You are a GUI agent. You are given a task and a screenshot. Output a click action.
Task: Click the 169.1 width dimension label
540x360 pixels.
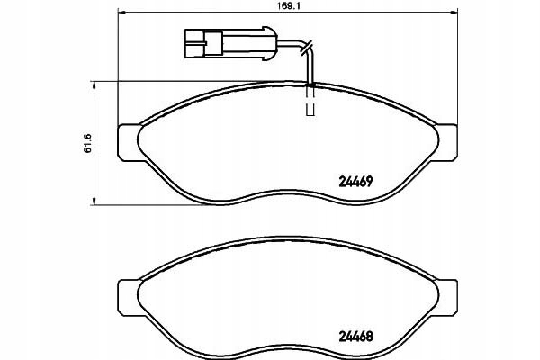click(287, 5)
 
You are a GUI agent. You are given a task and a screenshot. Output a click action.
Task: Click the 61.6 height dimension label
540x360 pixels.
click(87, 142)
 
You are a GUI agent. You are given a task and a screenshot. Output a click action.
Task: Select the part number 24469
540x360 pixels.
click(356, 181)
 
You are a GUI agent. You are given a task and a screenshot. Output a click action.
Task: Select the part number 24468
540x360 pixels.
click(356, 337)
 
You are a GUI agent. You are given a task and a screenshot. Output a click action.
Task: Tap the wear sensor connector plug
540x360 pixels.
click(231, 43)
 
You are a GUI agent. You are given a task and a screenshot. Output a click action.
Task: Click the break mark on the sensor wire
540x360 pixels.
click(306, 48)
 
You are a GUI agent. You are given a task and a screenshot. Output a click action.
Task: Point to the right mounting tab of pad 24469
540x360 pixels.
click(446, 142)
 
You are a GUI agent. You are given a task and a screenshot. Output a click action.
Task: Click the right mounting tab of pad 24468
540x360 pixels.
click(446, 298)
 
